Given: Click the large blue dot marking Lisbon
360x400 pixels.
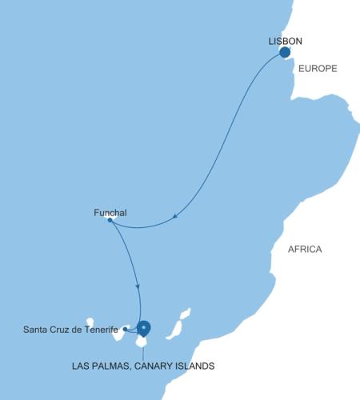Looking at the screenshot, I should coord(284,53).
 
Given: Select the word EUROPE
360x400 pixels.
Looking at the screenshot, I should coord(318,70).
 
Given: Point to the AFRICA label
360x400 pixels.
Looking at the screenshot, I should coord(305,250).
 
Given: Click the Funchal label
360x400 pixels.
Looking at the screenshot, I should coord(110,212).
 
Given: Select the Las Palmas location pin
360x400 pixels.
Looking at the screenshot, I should coord(144,327).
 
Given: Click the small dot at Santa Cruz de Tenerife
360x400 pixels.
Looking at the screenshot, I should coord(125,329).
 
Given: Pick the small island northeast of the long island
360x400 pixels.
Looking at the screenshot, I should coord(186,314).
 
